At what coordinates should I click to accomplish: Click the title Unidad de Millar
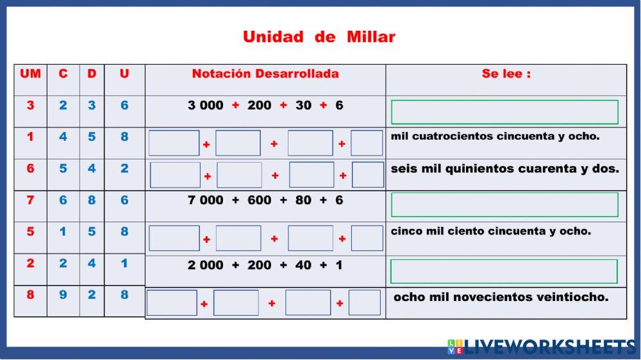tap(319, 37)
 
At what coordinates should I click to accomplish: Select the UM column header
tap(30, 74)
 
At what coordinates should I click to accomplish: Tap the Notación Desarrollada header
tap(265, 74)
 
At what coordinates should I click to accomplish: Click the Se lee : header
tap(506, 74)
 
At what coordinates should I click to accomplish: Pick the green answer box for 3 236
tap(504, 112)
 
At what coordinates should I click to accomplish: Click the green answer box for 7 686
tap(504, 205)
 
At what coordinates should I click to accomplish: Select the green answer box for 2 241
tap(504, 272)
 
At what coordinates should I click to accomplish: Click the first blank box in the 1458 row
tap(174, 143)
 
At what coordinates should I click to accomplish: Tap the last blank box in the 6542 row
tap(368, 175)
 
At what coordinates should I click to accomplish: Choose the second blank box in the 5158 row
tap(238, 238)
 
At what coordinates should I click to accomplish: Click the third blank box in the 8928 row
tap(308, 303)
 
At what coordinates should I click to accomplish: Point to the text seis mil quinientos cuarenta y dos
tap(504, 169)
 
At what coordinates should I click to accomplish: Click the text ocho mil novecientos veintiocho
tap(501, 297)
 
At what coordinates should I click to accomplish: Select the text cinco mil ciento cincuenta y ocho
tap(490, 231)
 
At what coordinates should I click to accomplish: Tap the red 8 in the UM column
tap(30, 295)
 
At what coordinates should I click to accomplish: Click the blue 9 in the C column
tap(63, 295)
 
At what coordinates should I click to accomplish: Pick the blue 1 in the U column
tap(124, 263)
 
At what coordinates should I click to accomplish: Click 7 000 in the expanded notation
tap(205, 200)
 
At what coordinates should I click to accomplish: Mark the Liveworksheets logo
tap(542, 347)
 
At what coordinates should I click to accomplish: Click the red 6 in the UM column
tap(30, 168)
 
